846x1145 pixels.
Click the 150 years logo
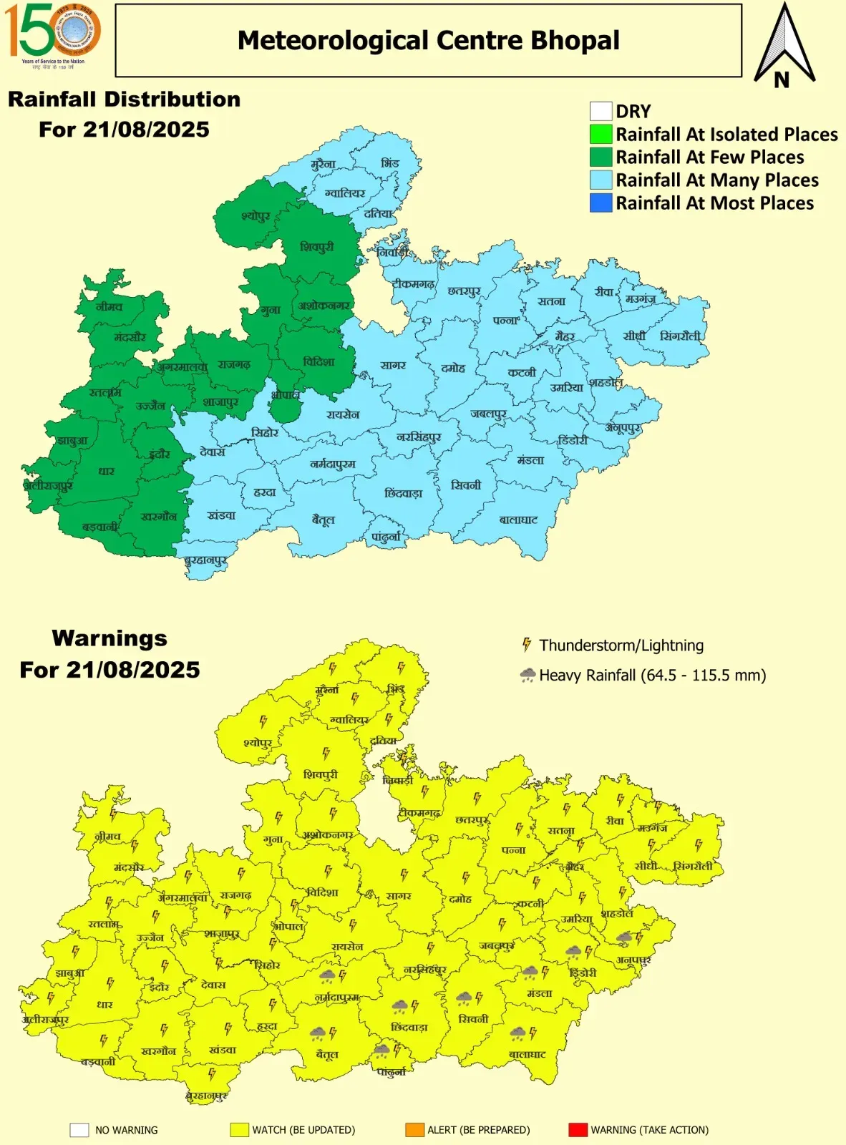click(52, 33)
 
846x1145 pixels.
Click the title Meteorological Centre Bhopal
click(428, 41)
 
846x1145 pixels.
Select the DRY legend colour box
click(601, 111)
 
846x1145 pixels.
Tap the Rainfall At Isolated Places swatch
click(601, 134)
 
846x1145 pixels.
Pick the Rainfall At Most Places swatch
click(601, 203)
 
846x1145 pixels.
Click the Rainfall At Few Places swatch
click(601, 157)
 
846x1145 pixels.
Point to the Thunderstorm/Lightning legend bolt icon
click(527, 645)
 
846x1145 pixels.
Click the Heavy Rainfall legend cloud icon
click(527, 675)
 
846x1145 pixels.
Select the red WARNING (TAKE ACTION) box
click(577, 1130)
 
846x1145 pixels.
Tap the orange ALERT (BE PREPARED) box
click(414, 1130)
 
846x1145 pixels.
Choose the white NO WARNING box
click(79, 1130)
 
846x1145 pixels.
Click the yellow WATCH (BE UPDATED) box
click(239, 1130)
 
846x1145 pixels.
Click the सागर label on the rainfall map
click(393, 365)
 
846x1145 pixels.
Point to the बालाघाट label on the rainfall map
click(518, 520)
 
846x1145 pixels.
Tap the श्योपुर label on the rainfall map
click(256, 215)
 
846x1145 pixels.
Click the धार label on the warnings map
click(105, 1004)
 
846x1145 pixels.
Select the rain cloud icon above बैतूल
click(317, 1033)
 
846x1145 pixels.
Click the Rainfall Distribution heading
click(124, 99)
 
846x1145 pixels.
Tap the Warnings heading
click(110, 638)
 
